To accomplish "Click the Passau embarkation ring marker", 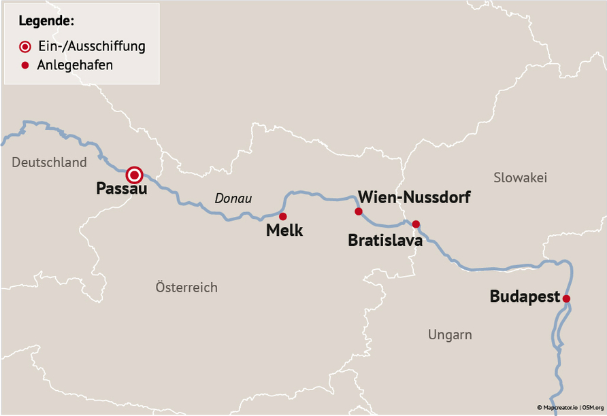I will click(x=135, y=175).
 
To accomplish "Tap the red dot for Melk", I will click(x=283, y=216).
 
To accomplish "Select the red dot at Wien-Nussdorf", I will click(x=359, y=211).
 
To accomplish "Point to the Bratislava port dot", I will click(x=416, y=224).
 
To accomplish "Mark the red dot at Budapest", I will click(x=565, y=298).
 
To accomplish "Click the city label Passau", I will click(x=122, y=189).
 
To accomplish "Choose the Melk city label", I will click(x=284, y=230).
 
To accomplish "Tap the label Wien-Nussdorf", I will click(x=414, y=198).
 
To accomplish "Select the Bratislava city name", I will click(x=385, y=241).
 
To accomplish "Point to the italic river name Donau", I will click(x=233, y=199).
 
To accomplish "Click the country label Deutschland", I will click(x=49, y=162).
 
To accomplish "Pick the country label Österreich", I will click(x=186, y=287).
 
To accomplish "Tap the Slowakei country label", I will click(x=520, y=177).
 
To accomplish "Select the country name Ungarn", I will click(x=450, y=334).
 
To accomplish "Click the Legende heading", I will click(x=46, y=21).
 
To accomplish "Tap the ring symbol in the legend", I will click(x=25, y=47).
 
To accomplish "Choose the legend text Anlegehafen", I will click(x=75, y=66).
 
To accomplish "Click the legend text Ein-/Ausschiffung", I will click(x=91, y=47).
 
